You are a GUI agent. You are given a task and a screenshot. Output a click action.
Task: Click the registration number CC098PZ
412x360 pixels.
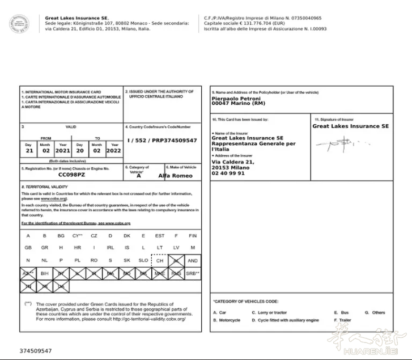(71, 176)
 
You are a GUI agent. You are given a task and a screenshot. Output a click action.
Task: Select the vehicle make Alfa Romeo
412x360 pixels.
(176, 176)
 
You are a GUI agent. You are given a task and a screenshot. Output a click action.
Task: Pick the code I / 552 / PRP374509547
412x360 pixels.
(162, 140)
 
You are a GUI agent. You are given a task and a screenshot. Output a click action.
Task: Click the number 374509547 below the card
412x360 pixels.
(35, 351)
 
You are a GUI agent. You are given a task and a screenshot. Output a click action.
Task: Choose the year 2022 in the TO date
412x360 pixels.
(114, 151)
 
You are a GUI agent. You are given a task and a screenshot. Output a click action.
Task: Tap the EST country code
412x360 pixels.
(160, 236)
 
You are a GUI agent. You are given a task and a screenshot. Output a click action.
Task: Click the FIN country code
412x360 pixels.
(193, 236)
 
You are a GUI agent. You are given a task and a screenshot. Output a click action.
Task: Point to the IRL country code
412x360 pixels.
(111, 248)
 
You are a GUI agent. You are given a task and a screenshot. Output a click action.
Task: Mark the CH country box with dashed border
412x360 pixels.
(160, 261)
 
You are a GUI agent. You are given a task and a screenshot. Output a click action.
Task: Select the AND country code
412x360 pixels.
(193, 261)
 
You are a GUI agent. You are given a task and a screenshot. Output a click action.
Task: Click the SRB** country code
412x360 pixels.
(193, 273)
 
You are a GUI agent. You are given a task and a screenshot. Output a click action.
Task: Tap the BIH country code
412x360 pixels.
(45, 273)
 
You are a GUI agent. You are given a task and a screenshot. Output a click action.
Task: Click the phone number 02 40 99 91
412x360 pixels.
(228, 173)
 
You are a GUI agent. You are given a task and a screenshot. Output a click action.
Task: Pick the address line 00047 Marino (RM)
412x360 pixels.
(237, 104)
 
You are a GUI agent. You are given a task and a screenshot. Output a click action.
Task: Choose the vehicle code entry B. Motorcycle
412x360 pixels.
(227, 320)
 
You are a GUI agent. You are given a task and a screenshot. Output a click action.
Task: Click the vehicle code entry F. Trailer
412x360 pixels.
(343, 320)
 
